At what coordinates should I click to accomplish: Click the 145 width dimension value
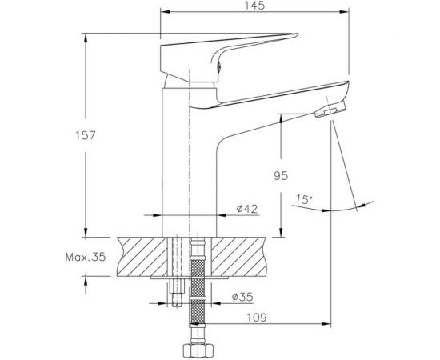tap(258, 6)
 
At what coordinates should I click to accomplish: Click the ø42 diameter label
tap(246, 209)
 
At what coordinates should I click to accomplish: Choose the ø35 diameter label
tap(242, 298)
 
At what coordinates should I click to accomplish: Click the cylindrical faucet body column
tap(190, 160)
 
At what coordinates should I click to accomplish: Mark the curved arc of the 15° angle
tap(356, 205)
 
